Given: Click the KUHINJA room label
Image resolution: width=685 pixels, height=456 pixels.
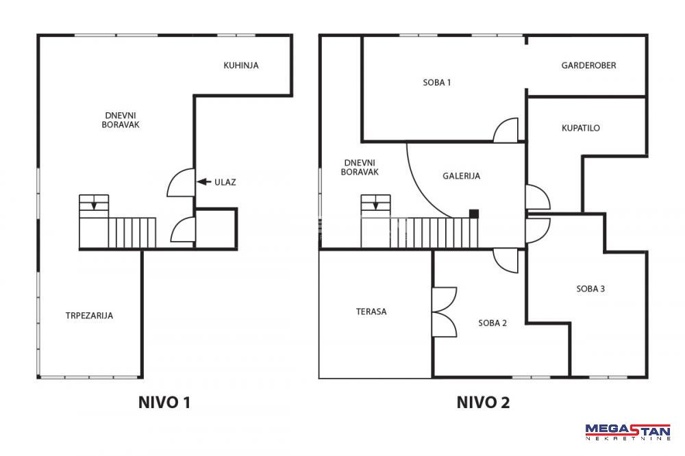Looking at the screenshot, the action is [240, 66].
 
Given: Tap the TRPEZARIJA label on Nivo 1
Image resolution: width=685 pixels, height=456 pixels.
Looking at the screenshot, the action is [89, 316].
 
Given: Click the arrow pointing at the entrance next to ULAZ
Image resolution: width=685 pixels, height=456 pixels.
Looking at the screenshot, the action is [204, 181].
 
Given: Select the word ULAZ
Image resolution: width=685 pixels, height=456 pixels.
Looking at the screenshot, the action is [225, 182].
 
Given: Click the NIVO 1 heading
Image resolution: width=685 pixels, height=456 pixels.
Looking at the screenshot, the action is [164, 403].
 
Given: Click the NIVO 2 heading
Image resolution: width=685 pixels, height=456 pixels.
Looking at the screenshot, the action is [483, 403].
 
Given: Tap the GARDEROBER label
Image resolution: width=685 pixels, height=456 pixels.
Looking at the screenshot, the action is [588, 66].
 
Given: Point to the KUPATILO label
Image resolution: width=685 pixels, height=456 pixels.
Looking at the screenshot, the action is [581, 128].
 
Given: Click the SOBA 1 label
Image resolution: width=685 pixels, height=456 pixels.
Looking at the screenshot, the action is [436, 82].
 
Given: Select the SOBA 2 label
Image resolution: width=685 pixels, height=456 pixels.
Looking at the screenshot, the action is [493, 322].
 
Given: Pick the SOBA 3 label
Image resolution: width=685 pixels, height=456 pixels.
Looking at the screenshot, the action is [590, 288].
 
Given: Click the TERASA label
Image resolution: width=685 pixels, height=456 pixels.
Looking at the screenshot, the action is [371, 312].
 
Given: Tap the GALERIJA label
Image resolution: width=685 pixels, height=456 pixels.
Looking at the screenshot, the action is [461, 176].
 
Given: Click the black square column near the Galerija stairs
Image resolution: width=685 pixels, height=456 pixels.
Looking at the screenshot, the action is [474, 214].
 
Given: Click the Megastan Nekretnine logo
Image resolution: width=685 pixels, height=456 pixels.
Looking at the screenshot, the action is [627, 431].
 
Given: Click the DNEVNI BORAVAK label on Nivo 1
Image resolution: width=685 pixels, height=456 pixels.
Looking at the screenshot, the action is [121, 120].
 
